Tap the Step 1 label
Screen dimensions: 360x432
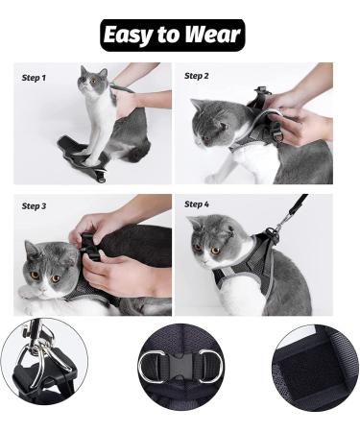click(x=34, y=78)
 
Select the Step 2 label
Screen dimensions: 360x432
click(x=197, y=76)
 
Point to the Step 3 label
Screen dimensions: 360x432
click(x=34, y=206)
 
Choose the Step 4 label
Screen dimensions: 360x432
click(x=197, y=204)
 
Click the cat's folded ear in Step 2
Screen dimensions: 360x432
click(x=223, y=126)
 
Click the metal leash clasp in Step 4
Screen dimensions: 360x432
click(x=276, y=227)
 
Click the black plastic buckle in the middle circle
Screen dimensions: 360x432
click(x=181, y=366)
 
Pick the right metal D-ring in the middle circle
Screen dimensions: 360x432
click(x=211, y=365)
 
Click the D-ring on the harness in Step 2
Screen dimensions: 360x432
click(x=278, y=136)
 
